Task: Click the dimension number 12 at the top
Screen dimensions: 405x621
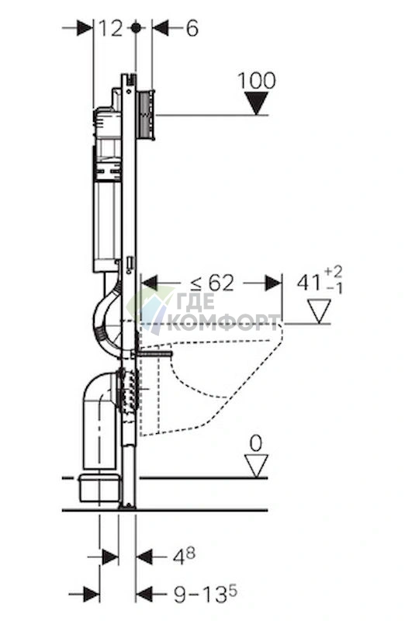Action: pos(110,29)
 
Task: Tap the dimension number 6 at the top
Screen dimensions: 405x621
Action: pos(192,29)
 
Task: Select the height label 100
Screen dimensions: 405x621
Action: pos(257,81)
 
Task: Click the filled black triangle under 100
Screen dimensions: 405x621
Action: pos(257,103)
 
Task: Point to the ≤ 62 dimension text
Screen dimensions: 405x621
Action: pos(213,283)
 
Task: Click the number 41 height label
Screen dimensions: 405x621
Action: pos(310,283)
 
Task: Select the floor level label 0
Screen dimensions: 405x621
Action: pos(256,443)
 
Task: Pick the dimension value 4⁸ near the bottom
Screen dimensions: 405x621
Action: pos(184,557)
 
